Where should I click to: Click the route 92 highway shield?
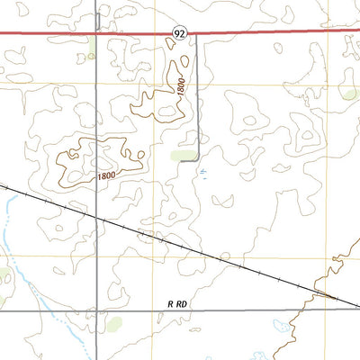click(180, 32)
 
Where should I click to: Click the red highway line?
click(270, 31)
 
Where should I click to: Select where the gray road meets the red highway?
click(96, 33)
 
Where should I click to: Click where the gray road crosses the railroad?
click(96, 215)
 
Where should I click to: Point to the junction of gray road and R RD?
click(96, 310)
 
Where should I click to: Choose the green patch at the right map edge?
click(350, 93)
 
